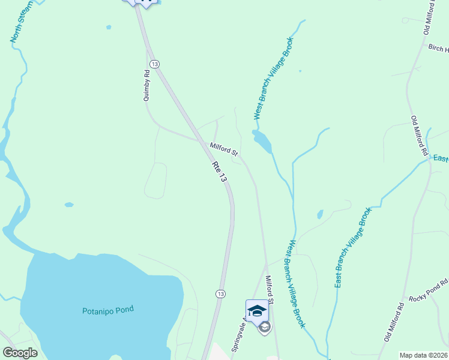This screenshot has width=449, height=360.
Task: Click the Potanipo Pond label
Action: (107, 310)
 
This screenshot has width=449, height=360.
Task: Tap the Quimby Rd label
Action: (146, 87)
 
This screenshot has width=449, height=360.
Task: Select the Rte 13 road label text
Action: (219, 172)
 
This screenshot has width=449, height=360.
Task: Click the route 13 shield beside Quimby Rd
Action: (154, 64)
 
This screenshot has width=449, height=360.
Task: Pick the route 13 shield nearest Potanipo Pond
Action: (221, 293)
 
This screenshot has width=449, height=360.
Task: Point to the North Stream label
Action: (17, 25)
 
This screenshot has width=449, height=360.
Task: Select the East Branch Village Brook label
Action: (350, 247)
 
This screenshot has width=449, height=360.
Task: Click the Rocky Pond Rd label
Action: (429, 290)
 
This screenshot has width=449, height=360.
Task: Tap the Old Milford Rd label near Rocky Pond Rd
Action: (394, 322)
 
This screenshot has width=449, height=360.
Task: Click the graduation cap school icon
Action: (257, 310)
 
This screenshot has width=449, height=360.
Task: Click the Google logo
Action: (20, 353)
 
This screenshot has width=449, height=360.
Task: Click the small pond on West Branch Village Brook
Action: (262, 142)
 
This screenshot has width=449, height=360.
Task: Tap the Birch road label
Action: (438, 47)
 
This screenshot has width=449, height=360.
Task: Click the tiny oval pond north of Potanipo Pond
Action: (69, 205)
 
